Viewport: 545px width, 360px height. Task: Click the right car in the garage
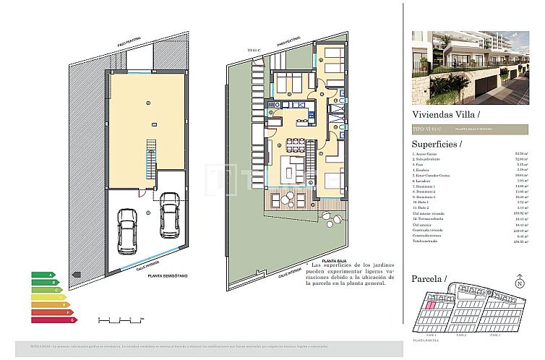click(x=170, y=210)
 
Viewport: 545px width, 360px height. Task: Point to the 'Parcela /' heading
click(x=429, y=278)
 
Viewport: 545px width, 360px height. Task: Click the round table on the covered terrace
click(x=287, y=197)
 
